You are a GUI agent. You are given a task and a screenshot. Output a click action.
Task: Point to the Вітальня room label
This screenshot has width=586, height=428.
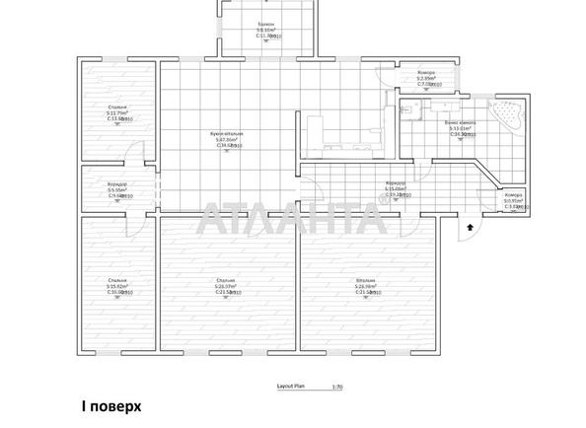[x=366, y=281]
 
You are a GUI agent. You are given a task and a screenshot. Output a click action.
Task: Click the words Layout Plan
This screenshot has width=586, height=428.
[x=293, y=386]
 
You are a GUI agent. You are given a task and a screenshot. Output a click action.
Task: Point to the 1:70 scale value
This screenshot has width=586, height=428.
[x=337, y=386]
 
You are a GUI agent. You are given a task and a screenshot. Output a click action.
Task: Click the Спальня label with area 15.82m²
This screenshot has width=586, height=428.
[x=117, y=281]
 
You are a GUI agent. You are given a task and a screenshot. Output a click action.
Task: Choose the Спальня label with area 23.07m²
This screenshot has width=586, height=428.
[x=226, y=281]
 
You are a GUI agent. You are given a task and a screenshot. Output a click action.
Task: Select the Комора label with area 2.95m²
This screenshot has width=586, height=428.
[x=425, y=73]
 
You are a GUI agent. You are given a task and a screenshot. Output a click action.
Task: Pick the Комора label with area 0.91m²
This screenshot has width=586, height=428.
[x=513, y=195]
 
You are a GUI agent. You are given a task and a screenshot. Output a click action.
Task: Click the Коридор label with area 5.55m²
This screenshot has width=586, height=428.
[x=117, y=184]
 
